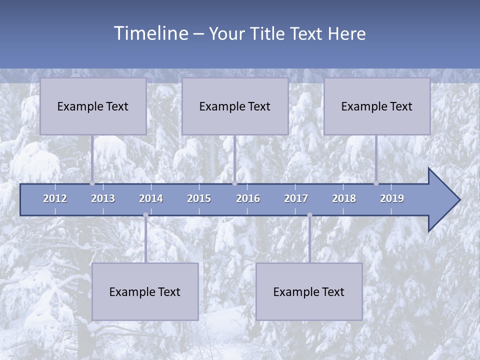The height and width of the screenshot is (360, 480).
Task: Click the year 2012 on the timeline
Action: coord(55,198)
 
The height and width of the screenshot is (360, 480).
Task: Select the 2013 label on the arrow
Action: coord(103,198)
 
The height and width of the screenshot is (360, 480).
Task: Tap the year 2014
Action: coord(151,198)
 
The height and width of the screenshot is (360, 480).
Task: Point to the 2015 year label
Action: coord(199,198)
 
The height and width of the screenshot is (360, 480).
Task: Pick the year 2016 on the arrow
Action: coord(248,198)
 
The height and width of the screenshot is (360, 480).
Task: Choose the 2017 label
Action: coord(296,198)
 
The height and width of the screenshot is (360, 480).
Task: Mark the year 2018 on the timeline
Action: coord(344,198)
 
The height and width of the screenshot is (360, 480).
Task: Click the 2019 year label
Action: coord(392,198)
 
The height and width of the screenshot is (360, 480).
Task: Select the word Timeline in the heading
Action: coord(151,33)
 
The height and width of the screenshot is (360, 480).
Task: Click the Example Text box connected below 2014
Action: coord(145,291)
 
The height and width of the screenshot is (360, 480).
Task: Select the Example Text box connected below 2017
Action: coord(309,291)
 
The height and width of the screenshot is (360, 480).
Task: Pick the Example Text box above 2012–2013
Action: coord(93,106)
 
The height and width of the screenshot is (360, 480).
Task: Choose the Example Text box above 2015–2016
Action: coord(235,106)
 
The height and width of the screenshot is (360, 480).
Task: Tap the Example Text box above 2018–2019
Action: coord(377,106)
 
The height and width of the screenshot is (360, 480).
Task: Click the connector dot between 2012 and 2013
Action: coord(92,183)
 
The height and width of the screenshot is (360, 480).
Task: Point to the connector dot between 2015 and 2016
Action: coord(234,183)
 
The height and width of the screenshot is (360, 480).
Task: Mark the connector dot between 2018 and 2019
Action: coord(376,183)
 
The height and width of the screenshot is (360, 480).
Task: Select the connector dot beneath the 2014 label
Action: coord(145,215)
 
